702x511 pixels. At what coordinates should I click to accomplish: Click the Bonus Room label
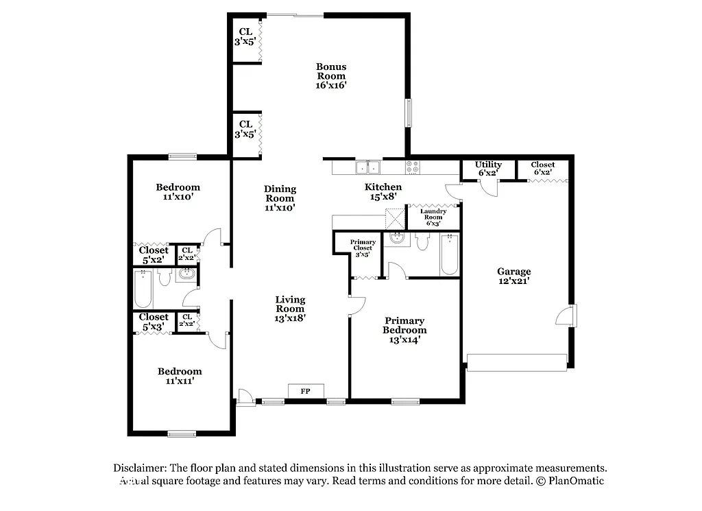pos(331,76)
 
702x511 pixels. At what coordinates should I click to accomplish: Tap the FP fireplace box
pos(305,391)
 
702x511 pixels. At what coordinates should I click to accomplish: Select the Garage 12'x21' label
pos(514,276)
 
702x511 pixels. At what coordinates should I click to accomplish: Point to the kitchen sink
pos(367,167)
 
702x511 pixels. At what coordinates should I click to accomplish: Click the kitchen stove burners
pos(412,167)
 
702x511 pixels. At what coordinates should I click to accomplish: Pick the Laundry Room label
pos(433,217)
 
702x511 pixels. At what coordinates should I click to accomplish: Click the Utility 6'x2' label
pos(488,168)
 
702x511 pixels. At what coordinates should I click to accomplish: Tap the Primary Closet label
pos(363,248)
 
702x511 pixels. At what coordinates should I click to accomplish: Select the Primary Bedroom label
pos(404,330)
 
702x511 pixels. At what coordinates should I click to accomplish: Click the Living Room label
pos(290,308)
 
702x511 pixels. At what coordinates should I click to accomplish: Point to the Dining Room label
pos(280,198)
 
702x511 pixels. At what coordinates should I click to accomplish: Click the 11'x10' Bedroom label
pos(178,191)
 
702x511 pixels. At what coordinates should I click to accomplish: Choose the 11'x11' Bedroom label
pos(180,376)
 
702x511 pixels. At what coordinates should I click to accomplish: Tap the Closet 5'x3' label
pos(154,322)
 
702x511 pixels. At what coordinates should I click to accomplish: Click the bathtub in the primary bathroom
pos(449,255)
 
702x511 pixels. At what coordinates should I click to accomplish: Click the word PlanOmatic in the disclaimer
pos(574,481)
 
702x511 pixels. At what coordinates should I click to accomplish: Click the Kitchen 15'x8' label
pos(383,191)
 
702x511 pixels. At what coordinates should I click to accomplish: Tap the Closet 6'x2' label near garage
pos(542,168)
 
